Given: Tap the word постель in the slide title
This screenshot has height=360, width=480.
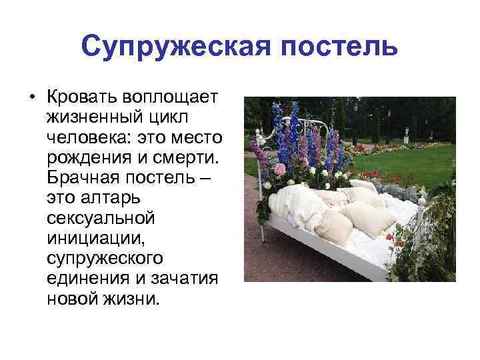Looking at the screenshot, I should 333,47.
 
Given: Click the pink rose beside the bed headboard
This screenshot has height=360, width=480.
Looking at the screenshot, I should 280,168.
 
